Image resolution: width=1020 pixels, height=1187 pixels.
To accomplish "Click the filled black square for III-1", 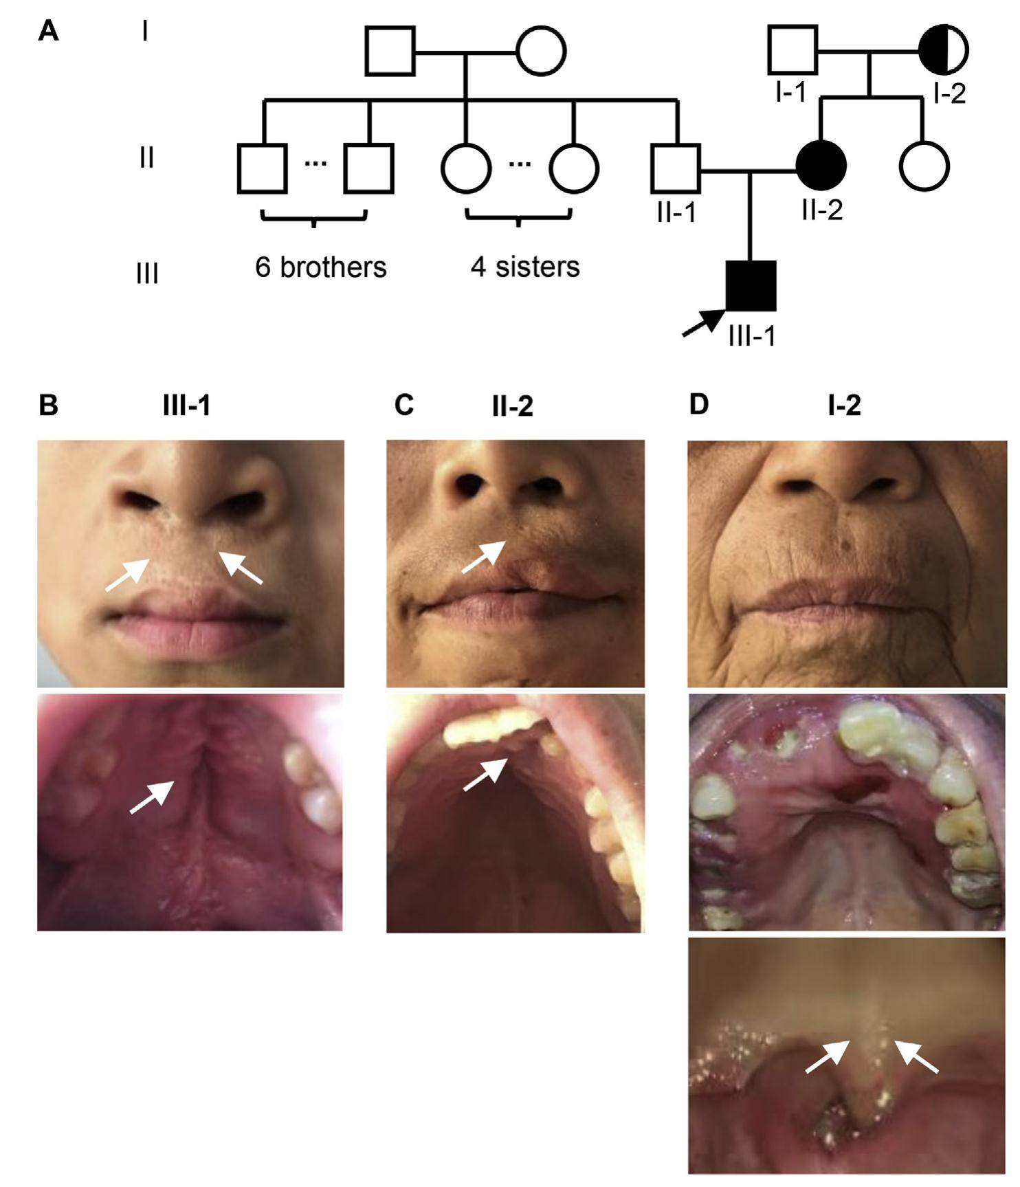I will coord(751,286).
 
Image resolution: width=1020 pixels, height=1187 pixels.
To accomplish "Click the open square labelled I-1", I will coord(792,50).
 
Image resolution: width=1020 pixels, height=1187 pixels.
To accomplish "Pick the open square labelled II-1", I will coord(675,168).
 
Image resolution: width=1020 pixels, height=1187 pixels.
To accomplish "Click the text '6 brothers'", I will coord(320,267).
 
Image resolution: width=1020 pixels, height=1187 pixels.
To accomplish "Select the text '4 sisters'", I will coord(525,267).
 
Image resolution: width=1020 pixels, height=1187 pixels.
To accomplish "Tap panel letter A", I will coord(48,31).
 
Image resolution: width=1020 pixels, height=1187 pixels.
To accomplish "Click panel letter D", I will coord(698,406).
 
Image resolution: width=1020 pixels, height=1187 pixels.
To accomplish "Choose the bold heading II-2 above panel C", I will coord(512,407).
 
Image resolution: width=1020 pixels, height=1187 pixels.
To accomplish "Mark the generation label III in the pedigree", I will coord(147,274).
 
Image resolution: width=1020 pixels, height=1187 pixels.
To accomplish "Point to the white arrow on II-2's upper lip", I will coord(484,556).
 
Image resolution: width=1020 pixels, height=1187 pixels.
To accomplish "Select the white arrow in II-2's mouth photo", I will coord(486,774).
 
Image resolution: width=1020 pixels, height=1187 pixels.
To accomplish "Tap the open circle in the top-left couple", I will coord(541,51).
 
